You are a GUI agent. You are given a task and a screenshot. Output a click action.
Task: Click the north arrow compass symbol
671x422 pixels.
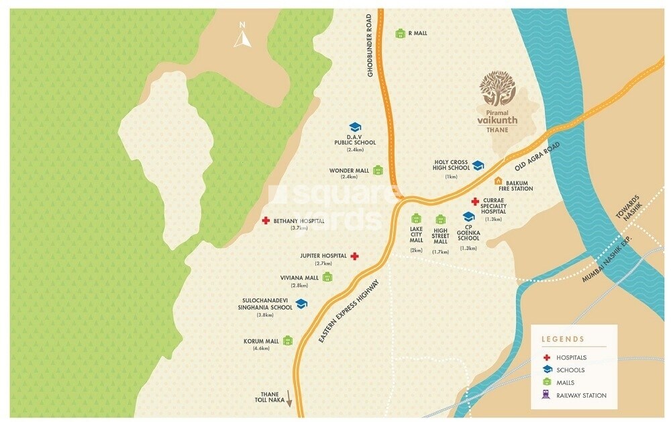click(x=242, y=36)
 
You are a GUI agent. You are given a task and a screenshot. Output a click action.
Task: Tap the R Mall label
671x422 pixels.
click(x=417, y=33)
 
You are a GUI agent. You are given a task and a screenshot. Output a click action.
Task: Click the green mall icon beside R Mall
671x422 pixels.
click(x=400, y=33)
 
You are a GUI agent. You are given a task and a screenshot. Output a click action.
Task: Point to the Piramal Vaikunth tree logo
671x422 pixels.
click(x=497, y=91)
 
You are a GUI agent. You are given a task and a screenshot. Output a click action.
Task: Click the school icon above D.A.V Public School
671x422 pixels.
click(x=355, y=127)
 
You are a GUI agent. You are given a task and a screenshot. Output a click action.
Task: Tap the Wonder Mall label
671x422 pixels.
click(x=349, y=171)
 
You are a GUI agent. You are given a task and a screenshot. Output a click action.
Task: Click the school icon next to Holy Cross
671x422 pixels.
click(x=478, y=165)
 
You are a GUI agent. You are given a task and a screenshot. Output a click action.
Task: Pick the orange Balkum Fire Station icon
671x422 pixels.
click(x=498, y=181)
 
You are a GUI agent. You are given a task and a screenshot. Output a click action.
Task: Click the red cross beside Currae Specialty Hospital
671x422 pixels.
click(x=474, y=202)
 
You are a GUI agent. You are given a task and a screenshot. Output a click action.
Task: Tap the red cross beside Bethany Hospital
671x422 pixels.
click(x=266, y=220)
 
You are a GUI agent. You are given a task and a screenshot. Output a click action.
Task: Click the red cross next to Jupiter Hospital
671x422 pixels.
click(x=355, y=256)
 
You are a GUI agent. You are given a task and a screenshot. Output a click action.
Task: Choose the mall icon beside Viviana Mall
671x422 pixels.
click(x=327, y=278)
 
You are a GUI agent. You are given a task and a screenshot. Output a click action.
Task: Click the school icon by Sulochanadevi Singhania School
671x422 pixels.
click(x=301, y=304)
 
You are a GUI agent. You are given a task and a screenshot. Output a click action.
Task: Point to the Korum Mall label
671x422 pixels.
click(x=261, y=341)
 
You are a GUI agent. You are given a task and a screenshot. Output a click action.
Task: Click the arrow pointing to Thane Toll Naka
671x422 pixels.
click(x=291, y=397)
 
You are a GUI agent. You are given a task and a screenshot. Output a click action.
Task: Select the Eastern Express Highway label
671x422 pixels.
click(x=351, y=311)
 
